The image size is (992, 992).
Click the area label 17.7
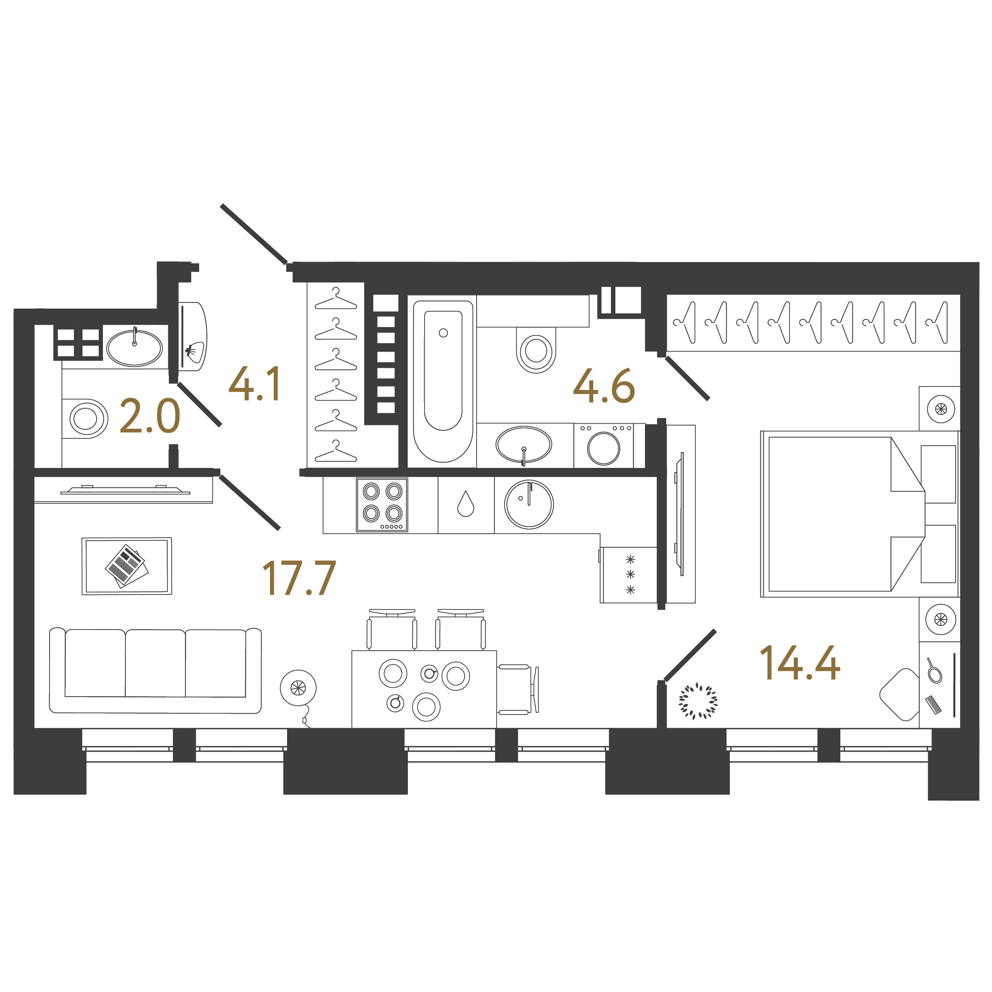point(299,578)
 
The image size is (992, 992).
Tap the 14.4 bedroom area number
point(800,663)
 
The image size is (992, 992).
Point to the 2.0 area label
point(150,416)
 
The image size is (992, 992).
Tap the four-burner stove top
point(382,505)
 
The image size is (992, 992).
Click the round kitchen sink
point(528,504)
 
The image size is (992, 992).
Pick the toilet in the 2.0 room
point(86,418)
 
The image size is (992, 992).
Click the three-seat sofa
point(155,670)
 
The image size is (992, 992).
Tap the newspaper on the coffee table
point(127,566)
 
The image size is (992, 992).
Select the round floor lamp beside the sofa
point(298,687)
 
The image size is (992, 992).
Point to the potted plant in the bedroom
point(698,700)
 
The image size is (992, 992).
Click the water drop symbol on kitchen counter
point(466,504)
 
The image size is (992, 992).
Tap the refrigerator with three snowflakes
point(630,575)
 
